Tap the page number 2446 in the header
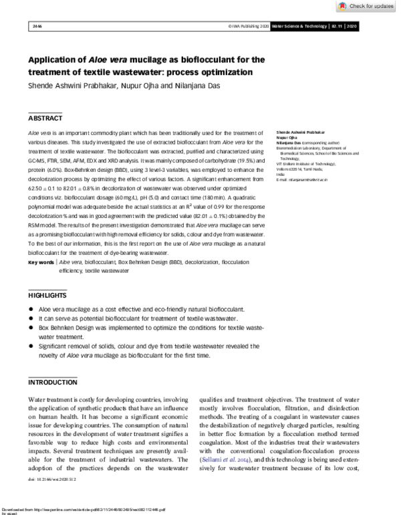pyautogui.click(x=37, y=27)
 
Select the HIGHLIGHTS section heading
pyautogui.click(x=47, y=295)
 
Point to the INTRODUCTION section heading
pyautogui.click(x=53, y=382)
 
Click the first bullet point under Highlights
pyautogui.click(x=32, y=310)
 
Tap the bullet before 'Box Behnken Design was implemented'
pyautogui.click(x=32, y=328)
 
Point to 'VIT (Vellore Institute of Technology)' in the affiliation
pyautogui.click(x=305, y=163)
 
